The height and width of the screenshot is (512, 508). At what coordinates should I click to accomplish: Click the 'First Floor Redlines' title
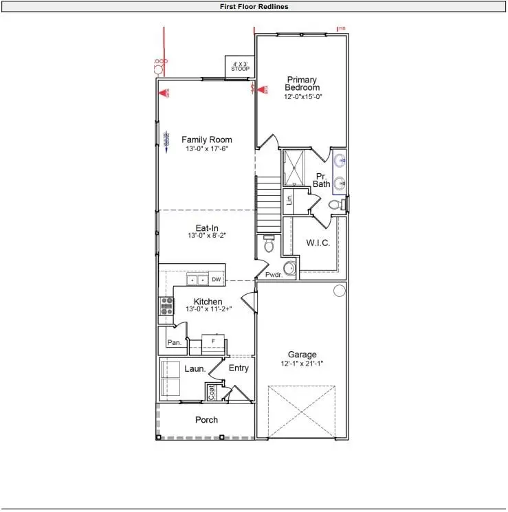point(254,6)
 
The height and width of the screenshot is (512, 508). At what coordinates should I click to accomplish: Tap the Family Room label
point(206,140)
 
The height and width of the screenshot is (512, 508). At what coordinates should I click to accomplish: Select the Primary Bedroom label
point(303,83)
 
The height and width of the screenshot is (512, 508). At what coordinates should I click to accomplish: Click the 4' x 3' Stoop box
point(240,67)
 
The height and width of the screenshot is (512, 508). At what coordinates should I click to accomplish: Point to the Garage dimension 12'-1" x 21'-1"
point(302,364)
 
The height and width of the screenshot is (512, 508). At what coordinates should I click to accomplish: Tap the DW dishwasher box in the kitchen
point(216,280)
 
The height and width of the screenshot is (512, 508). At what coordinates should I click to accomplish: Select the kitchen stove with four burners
point(166,306)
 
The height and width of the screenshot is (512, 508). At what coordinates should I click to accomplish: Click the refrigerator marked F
point(214,342)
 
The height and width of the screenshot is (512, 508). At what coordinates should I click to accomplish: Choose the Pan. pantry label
point(175,342)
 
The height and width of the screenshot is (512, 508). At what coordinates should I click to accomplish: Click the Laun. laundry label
point(195,369)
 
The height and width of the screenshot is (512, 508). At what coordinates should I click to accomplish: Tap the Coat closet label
point(212,392)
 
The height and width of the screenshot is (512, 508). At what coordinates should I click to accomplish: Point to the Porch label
point(206,420)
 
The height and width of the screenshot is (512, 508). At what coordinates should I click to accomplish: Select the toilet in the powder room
point(269,244)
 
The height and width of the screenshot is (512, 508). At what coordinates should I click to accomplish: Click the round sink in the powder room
point(291,267)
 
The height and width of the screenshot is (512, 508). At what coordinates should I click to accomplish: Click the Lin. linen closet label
point(289,200)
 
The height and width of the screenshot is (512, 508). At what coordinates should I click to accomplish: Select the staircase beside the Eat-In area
point(268,205)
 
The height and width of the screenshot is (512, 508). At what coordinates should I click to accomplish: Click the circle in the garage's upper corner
point(339,291)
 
